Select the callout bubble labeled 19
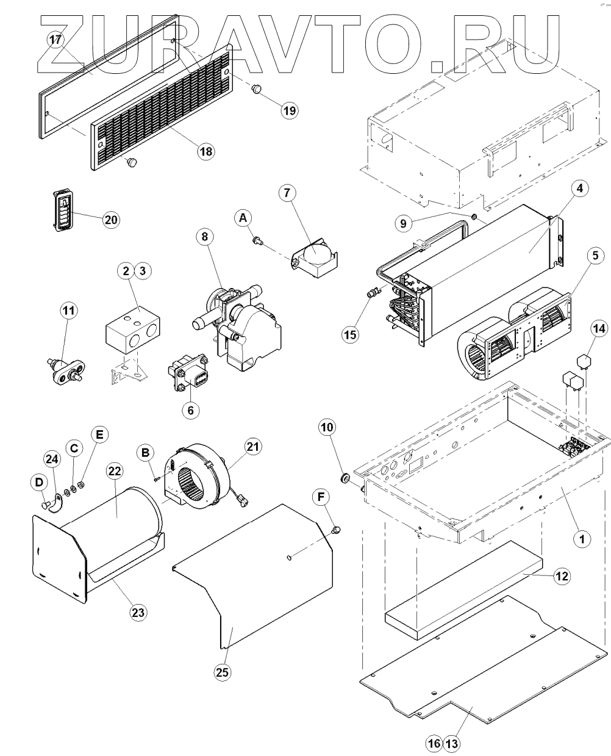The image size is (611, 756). pos(289,110)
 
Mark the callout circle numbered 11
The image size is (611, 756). pos(69,310)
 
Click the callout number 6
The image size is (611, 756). pos(190,410)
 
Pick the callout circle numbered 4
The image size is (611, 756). pos(579,189)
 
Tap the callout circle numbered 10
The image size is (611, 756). pos(327,427)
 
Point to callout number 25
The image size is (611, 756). pos(221,672)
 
